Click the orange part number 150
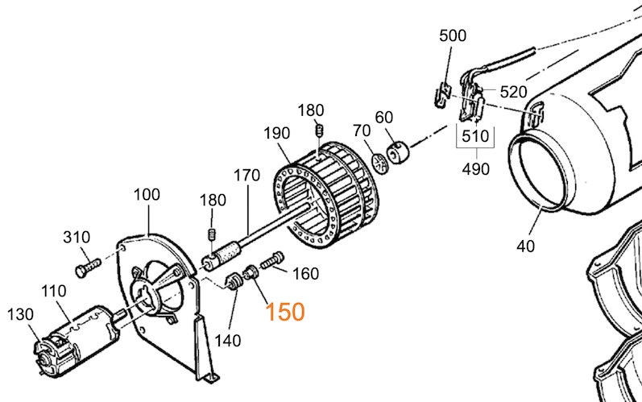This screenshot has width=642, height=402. pyautogui.click(x=286, y=311)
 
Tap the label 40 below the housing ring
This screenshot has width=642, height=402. pyautogui.click(x=525, y=247)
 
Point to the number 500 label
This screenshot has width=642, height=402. pyautogui.click(x=453, y=36)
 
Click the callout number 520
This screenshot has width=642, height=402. pyautogui.click(x=513, y=92)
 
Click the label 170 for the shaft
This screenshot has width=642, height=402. pyautogui.click(x=247, y=174)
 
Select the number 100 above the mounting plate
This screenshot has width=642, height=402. pyautogui.click(x=147, y=194)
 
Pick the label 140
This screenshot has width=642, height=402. pyautogui.click(x=228, y=340)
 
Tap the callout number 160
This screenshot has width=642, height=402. pyautogui.click(x=305, y=274)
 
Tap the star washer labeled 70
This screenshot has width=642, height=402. pyautogui.click(x=380, y=159)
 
